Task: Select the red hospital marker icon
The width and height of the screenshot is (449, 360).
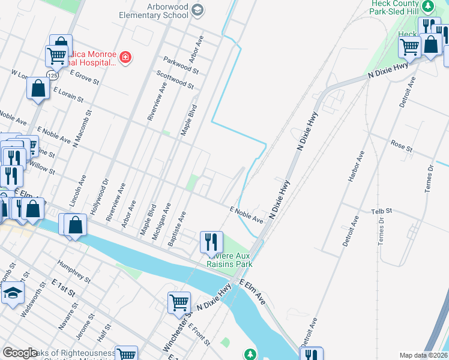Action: point(125,58)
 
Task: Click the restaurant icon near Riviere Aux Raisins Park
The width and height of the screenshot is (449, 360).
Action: point(211,242)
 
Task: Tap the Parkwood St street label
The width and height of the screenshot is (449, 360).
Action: point(181,65)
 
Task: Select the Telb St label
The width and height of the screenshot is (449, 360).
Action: point(381,211)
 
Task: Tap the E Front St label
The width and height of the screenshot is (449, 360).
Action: point(199,334)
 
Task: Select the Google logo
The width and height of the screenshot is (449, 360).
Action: point(20,353)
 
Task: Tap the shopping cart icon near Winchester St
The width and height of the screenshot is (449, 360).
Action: point(179,303)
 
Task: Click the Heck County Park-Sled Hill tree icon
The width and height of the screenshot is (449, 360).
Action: point(428,7)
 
